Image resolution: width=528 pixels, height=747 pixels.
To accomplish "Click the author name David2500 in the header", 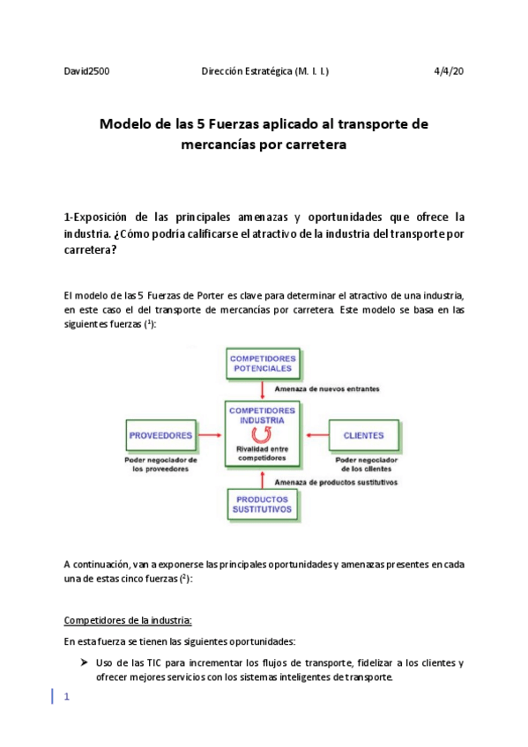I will click(87, 70).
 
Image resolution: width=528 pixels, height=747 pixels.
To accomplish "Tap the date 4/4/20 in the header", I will click(450, 70).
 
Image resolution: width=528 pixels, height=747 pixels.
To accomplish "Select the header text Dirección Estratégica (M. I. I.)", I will click(265, 70).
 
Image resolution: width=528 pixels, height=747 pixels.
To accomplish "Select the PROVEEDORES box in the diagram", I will click(161, 436).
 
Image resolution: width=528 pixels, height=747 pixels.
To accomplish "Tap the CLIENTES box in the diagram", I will click(363, 436).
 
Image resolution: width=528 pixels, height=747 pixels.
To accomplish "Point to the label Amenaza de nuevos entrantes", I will click(327, 388).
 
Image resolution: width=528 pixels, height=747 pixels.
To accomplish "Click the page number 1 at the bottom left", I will click(65, 696).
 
